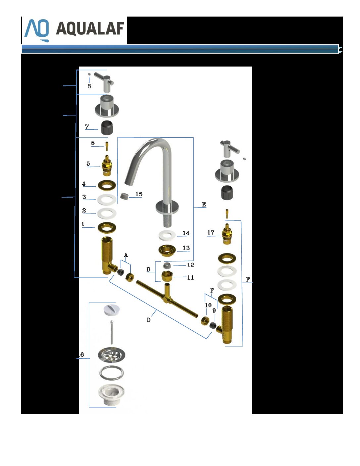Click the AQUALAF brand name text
point(90,28)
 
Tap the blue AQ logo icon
point(37,30)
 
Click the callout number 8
point(90,86)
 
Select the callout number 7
point(87,126)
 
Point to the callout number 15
point(139,194)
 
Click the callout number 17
point(211,232)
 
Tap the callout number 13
point(186,248)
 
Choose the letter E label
point(204,204)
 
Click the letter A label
point(126,255)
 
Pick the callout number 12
point(191,265)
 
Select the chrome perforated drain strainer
point(112,355)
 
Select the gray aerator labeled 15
point(124,196)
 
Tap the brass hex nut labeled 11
point(167,276)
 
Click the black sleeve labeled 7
point(107,128)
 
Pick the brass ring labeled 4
point(107,185)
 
